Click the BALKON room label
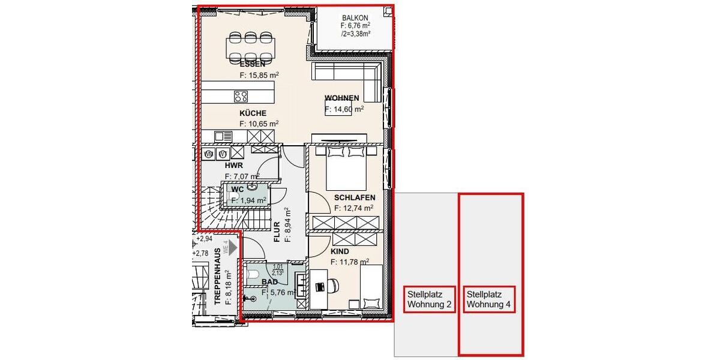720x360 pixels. pyautogui.click(x=355, y=18)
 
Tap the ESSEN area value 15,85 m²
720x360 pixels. pyautogui.click(x=259, y=76)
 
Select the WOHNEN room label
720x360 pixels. pyautogui.click(x=341, y=98)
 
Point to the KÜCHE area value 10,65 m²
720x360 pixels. pyautogui.click(x=259, y=124)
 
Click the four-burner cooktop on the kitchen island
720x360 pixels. pyautogui.click(x=241, y=97)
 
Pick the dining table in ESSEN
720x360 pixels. pyautogui.click(x=251, y=46)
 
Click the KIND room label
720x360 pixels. pyautogui.click(x=340, y=252)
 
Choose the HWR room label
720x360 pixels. pyautogui.click(x=233, y=165)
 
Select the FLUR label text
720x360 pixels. pyautogui.click(x=277, y=232)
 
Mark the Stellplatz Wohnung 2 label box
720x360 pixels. pyautogui.click(x=429, y=299)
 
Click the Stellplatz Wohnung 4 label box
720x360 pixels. pyautogui.click(x=489, y=299)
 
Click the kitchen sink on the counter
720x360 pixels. pyautogui.click(x=224, y=136)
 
